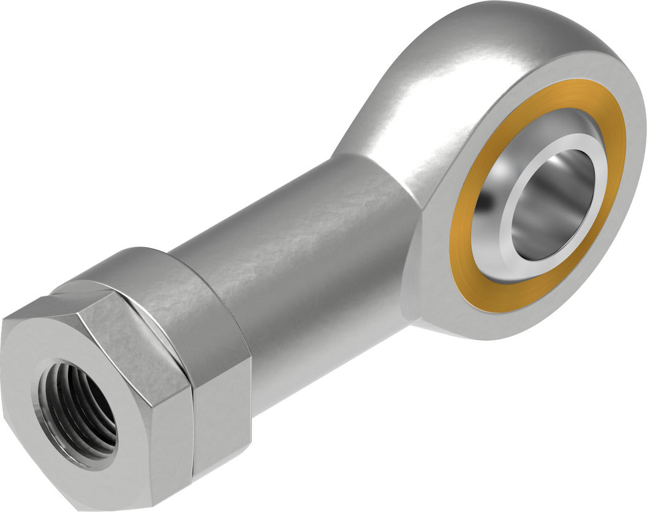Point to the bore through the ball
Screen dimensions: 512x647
pyautogui.click(x=554, y=202)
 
